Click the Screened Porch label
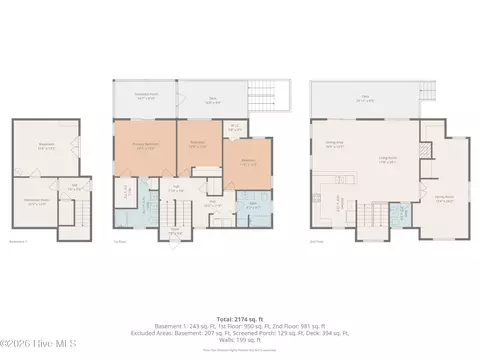click(x=144, y=97)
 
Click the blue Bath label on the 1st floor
click(x=253, y=204)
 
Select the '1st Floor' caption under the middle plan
click(x=120, y=241)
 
